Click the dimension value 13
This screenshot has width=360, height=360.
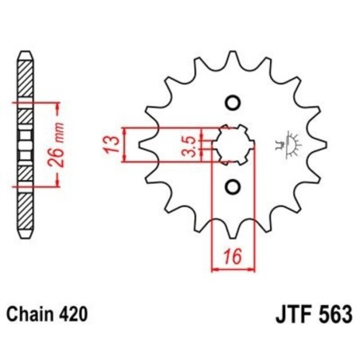tap(113, 144)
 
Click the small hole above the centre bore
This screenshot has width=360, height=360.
tap(233, 102)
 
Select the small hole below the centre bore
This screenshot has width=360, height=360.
tap(233, 186)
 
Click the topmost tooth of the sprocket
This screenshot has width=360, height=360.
tap(233, 57)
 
